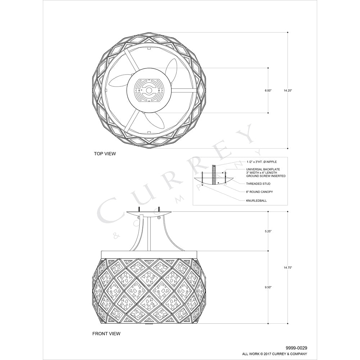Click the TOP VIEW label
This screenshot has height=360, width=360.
coord(105,154)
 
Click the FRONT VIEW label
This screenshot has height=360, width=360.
coord(106,334)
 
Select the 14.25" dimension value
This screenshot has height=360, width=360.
coord(288,90)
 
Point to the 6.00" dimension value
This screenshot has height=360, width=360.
coord(268,90)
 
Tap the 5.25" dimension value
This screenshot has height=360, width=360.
coord(268,231)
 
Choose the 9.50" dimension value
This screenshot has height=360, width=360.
coord(268,287)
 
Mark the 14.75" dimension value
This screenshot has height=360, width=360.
coord(288,267)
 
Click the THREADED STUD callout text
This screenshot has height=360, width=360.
coord(258,184)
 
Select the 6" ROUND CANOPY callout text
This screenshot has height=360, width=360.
coord(260,192)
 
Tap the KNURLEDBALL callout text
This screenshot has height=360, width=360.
coord(256,201)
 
